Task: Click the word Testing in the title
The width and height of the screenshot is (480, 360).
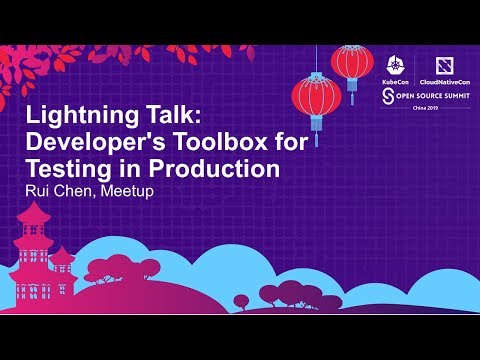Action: pyautogui.click(x=68, y=169)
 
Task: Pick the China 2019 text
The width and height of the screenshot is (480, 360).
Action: pyautogui.click(x=411, y=109)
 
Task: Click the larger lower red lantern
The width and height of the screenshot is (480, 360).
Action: pyautogui.click(x=316, y=97)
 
